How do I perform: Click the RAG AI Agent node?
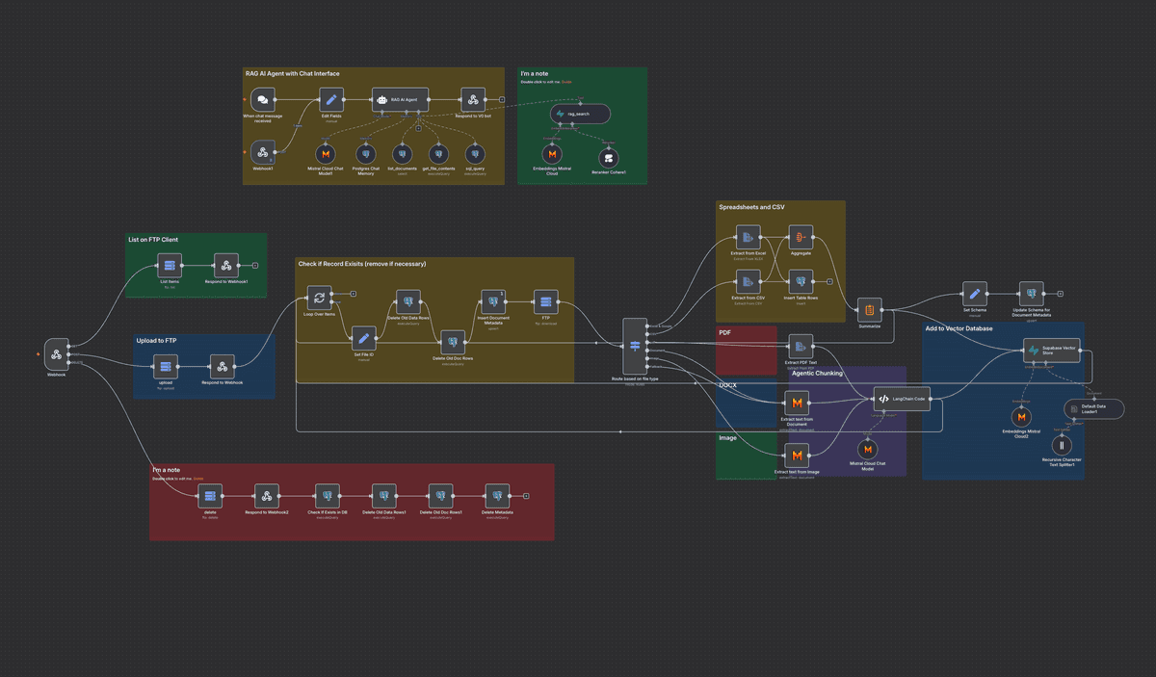401,100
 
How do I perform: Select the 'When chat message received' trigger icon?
261,100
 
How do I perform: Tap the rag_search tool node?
580,114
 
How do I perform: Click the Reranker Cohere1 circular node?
608,156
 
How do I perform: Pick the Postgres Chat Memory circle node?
365,154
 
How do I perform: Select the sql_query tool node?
474,154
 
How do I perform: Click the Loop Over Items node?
319,298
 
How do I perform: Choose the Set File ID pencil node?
363,338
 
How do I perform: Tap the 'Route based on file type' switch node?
635,346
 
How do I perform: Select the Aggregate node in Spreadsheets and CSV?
801,237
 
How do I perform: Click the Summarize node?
869,309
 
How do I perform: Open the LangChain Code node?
901,399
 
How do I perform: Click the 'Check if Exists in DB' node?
327,496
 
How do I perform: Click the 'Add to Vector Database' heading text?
958,328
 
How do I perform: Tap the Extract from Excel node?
748,237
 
